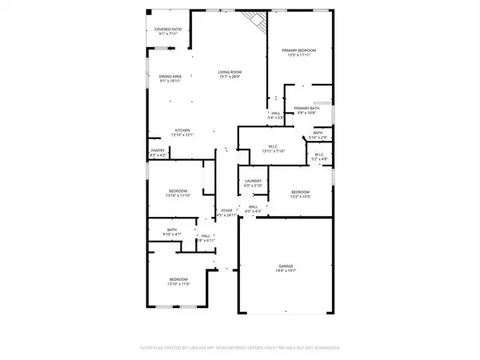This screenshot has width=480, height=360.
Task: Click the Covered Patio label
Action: point(167,30)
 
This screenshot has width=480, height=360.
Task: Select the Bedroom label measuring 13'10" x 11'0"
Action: point(177,281)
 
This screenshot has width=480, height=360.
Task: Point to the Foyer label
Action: point(227,212)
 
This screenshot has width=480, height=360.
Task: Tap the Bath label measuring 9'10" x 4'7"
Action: point(171,231)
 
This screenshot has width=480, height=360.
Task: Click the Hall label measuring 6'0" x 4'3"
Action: point(253,208)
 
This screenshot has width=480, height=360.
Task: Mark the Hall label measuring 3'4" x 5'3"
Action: point(275,115)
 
